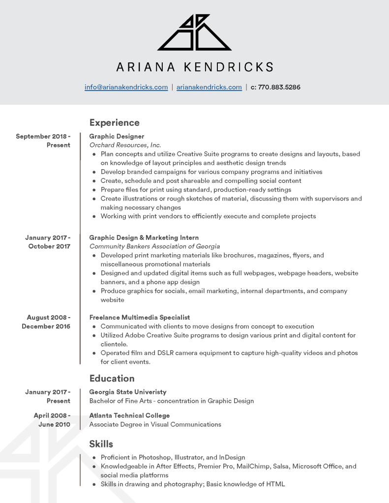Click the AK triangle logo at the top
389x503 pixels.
[x=194, y=33]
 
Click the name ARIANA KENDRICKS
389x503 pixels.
[x=194, y=67]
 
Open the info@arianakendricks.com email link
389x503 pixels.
[x=126, y=87]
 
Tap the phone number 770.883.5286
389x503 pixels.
[x=279, y=87]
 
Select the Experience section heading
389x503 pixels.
[x=114, y=122]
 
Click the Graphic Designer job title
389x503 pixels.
[x=117, y=136]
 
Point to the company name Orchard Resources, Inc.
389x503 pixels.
[x=125, y=145]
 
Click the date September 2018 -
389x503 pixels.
[x=43, y=136]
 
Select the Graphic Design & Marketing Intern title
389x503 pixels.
[x=144, y=237]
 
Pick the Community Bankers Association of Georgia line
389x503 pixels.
[x=154, y=246]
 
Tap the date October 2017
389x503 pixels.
[x=49, y=246]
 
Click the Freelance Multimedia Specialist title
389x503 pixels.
[x=139, y=318]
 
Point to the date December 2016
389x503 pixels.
[x=46, y=326]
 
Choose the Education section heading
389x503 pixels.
[x=112, y=378]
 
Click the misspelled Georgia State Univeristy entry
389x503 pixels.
[x=127, y=392]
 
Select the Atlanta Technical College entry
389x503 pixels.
[x=129, y=415]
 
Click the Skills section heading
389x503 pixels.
[x=101, y=444]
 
